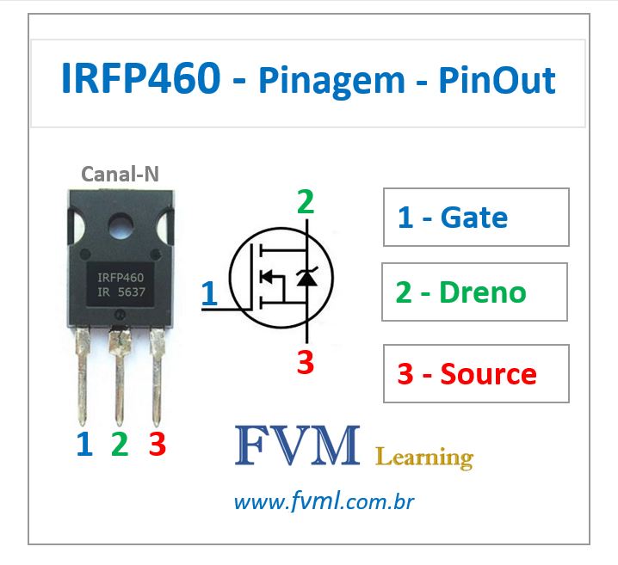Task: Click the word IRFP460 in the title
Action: tap(140, 80)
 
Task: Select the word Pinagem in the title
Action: tap(331, 81)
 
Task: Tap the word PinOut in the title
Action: tap(497, 80)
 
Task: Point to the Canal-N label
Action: tap(120, 175)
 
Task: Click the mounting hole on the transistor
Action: tap(121, 225)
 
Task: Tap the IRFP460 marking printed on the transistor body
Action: tap(121, 278)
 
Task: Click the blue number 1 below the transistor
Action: tap(83, 444)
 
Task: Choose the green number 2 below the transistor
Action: tap(120, 444)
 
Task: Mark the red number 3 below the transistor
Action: tap(157, 444)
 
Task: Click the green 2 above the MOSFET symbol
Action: tap(306, 203)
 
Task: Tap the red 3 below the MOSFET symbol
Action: tap(306, 363)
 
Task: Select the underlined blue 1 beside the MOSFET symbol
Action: tap(208, 293)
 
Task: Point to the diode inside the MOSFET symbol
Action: tap(306, 277)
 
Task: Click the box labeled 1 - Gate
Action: tap(476, 218)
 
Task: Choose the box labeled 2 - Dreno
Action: tap(474, 292)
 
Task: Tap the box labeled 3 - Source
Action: tap(476, 374)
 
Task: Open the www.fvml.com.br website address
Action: tap(324, 501)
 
